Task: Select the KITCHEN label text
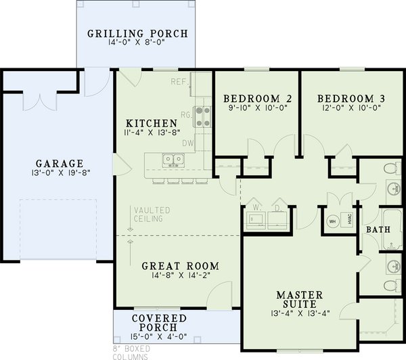click(152, 123)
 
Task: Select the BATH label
click(378, 230)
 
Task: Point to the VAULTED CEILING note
click(152, 215)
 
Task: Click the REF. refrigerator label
click(179, 82)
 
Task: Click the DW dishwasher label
click(188, 143)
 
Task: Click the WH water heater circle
click(332, 221)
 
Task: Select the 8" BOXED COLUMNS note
click(133, 353)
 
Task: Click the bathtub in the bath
click(392, 229)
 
